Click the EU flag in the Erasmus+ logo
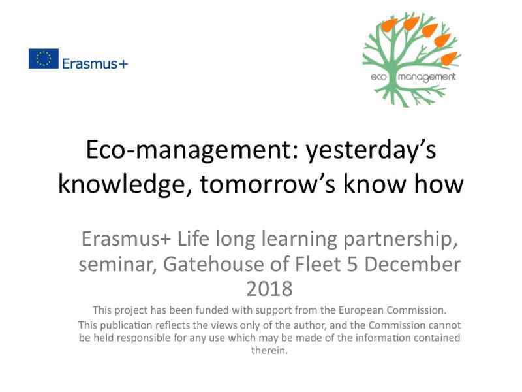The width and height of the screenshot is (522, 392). click(44, 59)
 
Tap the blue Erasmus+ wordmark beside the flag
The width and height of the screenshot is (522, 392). click(95, 63)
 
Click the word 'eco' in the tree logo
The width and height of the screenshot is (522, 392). click(379, 77)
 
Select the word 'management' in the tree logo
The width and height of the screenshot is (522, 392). click(427, 77)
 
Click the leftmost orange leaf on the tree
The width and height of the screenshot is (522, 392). click(389, 25)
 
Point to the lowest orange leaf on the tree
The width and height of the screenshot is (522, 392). click(449, 58)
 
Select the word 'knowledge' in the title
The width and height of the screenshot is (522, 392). click(121, 184)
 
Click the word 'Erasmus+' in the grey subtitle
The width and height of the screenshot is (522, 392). click(126, 238)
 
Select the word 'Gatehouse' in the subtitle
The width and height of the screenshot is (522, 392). click(214, 264)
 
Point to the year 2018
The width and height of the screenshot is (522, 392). click(269, 289)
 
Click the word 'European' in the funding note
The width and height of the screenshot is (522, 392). click(361, 310)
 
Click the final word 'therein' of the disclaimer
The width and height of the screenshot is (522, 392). click(268, 350)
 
